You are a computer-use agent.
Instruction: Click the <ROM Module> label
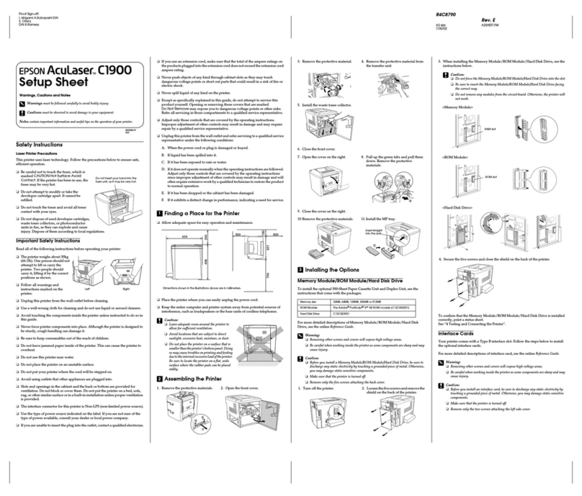tap(455, 154)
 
